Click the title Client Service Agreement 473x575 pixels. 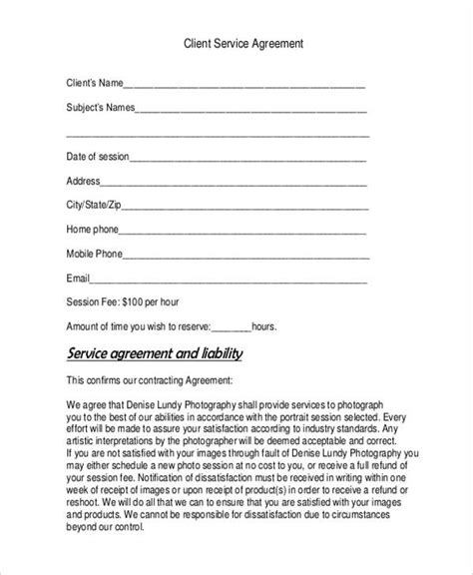[x=236, y=44]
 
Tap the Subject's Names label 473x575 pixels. [x=100, y=108]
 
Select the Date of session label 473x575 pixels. [x=97, y=157]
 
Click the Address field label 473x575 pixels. [x=83, y=181]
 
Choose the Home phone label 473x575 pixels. [x=93, y=229]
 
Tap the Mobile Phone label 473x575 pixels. [x=95, y=253]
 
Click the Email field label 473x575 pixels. [x=78, y=277]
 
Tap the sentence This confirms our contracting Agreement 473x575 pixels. [x=149, y=380]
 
